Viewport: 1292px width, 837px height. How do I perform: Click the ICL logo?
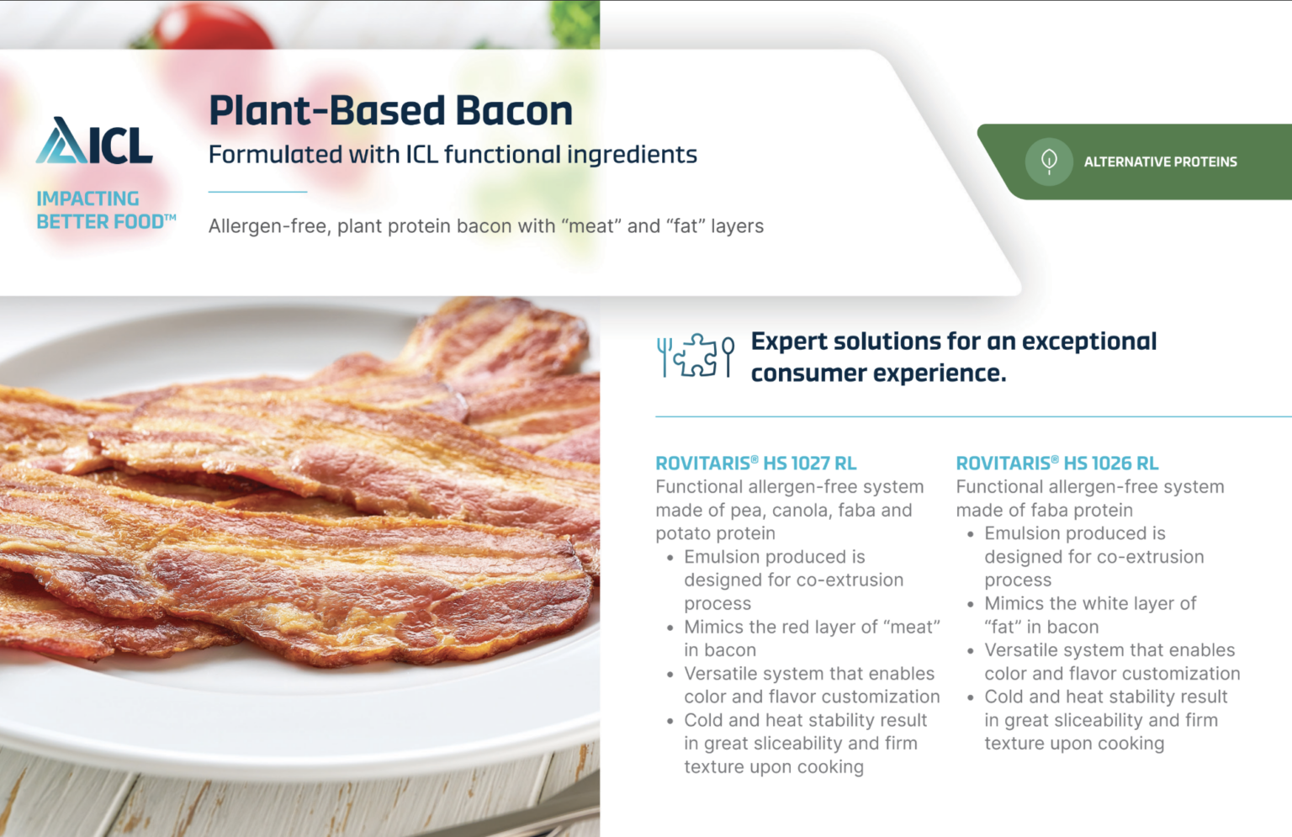pyautogui.click(x=94, y=140)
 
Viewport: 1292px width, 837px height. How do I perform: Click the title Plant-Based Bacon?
pyautogui.click(x=390, y=111)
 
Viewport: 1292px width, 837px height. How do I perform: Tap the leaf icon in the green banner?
pyautogui.click(x=1049, y=161)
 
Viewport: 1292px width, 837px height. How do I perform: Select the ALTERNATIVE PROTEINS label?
pyautogui.click(x=1160, y=162)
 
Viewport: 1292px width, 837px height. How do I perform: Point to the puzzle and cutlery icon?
pyautogui.click(x=695, y=356)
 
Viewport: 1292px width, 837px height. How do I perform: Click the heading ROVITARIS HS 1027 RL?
pyautogui.click(x=755, y=463)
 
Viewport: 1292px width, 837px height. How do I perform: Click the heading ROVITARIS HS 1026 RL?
pyautogui.click(x=1056, y=463)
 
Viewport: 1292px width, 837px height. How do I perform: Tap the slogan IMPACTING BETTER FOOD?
pyautogui.click(x=105, y=210)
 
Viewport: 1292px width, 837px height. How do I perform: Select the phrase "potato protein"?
pyautogui.click(x=715, y=533)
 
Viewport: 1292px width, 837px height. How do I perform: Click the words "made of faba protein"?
pyautogui.click(x=1044, y=510)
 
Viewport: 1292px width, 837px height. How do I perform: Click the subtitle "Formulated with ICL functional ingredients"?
pyautogui.click(x=453, y=155)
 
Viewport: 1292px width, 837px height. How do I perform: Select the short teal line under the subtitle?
pyautogui.click(x=257, y=192)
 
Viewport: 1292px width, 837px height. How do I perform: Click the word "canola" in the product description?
pyautogui.click(x=814, y=510)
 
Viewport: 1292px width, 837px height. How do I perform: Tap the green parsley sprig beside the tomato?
pyautogui.click(x=575, y=22)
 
